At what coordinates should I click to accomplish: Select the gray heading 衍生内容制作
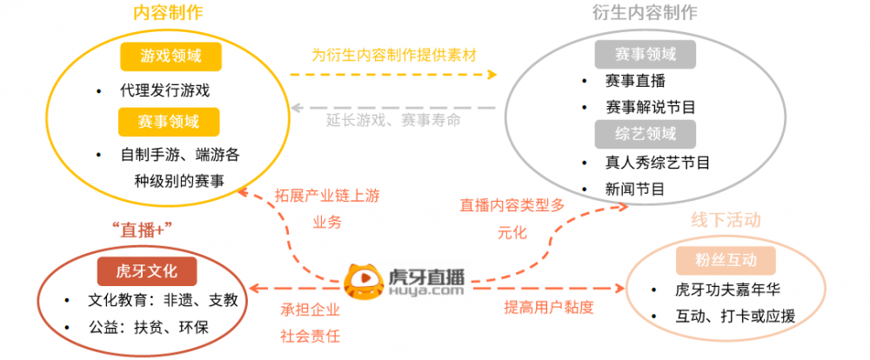[x=645, y=13]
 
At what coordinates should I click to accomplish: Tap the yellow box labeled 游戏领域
[x=171, y=56]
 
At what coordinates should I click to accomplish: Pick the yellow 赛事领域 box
[x=169, y=122]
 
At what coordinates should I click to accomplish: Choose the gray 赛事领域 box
[x=646, y=55]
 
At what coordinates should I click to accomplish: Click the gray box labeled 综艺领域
[x=646, y=134]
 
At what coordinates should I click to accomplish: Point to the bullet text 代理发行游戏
[x=164, y=90]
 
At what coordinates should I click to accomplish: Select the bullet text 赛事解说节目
[x=651, y=106]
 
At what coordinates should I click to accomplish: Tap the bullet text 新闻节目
[x=635, y=190]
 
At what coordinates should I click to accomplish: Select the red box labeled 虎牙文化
[x=147, y=271]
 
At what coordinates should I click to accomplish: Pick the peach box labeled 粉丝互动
[x=726, y=260]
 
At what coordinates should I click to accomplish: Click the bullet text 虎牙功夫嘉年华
[x=727, y=290]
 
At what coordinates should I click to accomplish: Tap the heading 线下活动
[x=726, y=220]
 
